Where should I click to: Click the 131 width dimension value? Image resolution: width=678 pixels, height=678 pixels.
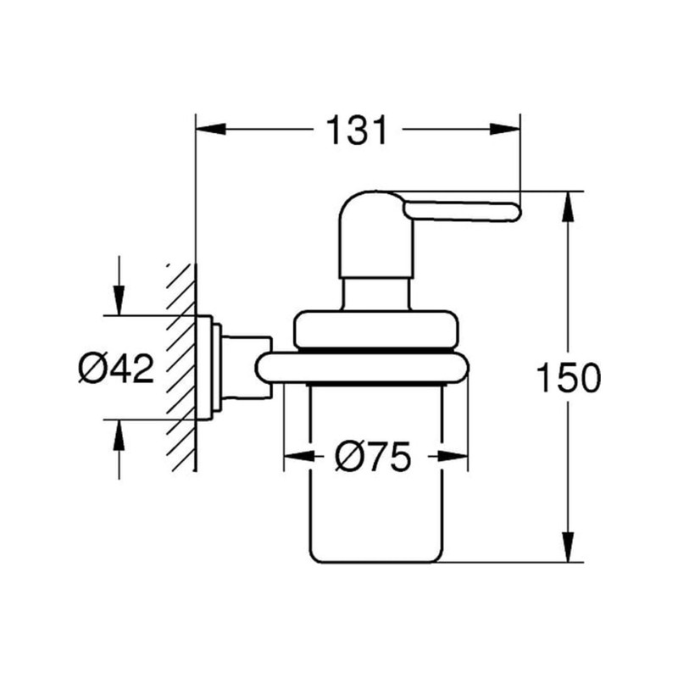coord(357,131)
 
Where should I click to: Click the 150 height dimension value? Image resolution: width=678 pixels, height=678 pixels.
coord(569,378)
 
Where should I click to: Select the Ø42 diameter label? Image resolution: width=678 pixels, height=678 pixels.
coord(116,370)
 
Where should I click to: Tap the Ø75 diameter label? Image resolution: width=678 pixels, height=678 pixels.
coord(373,458)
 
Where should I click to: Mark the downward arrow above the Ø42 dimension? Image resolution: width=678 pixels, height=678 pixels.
coord(119,301)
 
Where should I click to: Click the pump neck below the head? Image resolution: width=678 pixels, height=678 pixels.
coord(376,292)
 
